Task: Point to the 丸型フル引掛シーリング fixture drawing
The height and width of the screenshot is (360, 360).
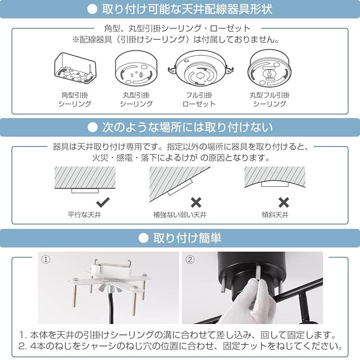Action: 269,68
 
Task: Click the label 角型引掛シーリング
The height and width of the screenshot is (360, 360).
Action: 75,99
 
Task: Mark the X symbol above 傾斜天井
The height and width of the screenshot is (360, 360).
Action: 283,202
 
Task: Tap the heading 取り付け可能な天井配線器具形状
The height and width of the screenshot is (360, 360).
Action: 187,9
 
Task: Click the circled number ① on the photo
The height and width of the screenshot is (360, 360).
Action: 45,260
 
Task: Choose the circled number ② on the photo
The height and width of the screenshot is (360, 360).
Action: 189,260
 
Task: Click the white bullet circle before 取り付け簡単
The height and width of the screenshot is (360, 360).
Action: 144,237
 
